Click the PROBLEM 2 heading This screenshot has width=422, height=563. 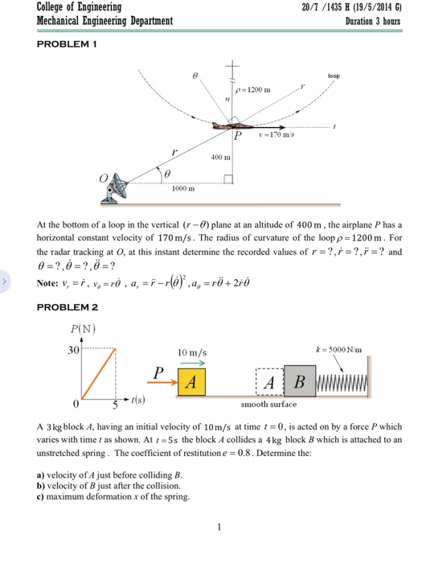(x=68, y=308)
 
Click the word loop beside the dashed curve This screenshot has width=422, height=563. (x=334, y=76)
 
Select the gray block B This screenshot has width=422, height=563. (x=301, y=380)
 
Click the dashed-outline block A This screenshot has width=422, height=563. (x=271, y=381)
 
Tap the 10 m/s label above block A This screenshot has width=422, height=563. (x=193, y=353)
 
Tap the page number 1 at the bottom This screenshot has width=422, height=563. (x=218, y=528)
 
